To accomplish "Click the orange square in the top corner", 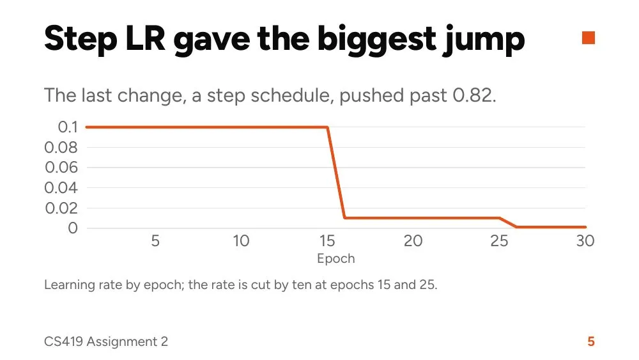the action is [588, 38].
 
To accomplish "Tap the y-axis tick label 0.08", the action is [61, 147].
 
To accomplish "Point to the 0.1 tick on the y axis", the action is [68, 127].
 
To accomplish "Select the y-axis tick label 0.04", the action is [61, 187].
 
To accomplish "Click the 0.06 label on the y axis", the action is [61, 167].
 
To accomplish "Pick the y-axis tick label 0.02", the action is [61, 208].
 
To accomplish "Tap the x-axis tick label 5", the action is [155, 241].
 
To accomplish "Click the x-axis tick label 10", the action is [242, 241].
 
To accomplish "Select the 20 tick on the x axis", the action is [413, 241].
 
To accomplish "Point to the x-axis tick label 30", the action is [585, 241].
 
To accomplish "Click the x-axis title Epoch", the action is [336, 259].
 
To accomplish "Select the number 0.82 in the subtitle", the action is [474, 95].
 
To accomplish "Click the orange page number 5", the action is [591, 341].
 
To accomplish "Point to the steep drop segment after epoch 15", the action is [336, 173].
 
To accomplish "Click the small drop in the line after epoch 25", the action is [508, 223].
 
